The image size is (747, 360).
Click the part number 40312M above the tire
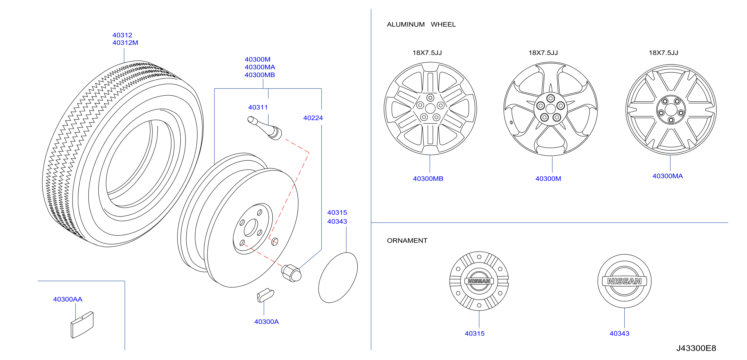click(x=125, y=43)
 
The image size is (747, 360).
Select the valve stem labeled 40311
click(x=264, y=128)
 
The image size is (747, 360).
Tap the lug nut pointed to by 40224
click(x=291, y=273)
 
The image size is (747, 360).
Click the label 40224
click(x=313, y=118)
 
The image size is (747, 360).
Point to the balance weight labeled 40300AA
click(x=82, y=325)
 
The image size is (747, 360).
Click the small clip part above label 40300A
click(x=265, y=295)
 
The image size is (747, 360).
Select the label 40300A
click(x=266, y=321)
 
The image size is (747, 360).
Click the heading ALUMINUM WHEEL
click(x=421, y=24)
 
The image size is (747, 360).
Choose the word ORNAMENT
click(x=407, y=241)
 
